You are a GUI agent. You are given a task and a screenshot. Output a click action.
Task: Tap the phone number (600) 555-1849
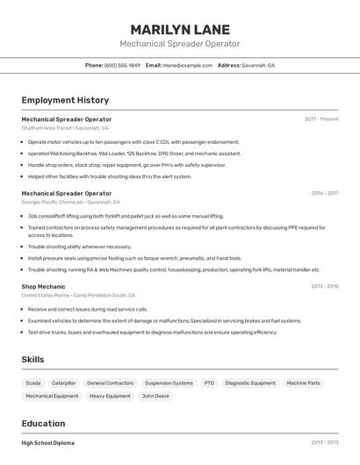pos(122,66)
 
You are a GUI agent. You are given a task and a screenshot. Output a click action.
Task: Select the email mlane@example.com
pos(187,66)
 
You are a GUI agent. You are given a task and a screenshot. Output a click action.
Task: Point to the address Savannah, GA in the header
pos(258,66)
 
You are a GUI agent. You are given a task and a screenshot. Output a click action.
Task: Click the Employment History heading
pos(65,100)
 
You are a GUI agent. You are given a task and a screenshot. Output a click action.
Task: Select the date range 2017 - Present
pos(321,119)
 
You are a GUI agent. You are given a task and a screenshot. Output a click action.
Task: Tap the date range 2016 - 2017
pos(324,193)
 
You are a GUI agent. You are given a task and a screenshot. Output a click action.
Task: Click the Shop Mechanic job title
pos(43,286)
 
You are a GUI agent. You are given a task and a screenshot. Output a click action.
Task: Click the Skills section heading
pos(32,360)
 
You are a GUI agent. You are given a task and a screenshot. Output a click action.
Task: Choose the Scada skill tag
pos(32,383)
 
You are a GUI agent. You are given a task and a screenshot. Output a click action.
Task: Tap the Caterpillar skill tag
pos(63,383)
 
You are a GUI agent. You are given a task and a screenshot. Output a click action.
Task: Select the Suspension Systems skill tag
pos(169,383)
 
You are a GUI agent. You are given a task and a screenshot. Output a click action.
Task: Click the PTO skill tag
pos(209,383)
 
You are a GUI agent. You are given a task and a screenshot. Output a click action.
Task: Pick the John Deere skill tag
pos(155,397)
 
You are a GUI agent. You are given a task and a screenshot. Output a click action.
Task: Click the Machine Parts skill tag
pos(303,383)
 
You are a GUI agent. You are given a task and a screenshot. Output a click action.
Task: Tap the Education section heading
pos(43,423)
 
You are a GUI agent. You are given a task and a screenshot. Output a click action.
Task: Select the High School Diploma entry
pos(47,443)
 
